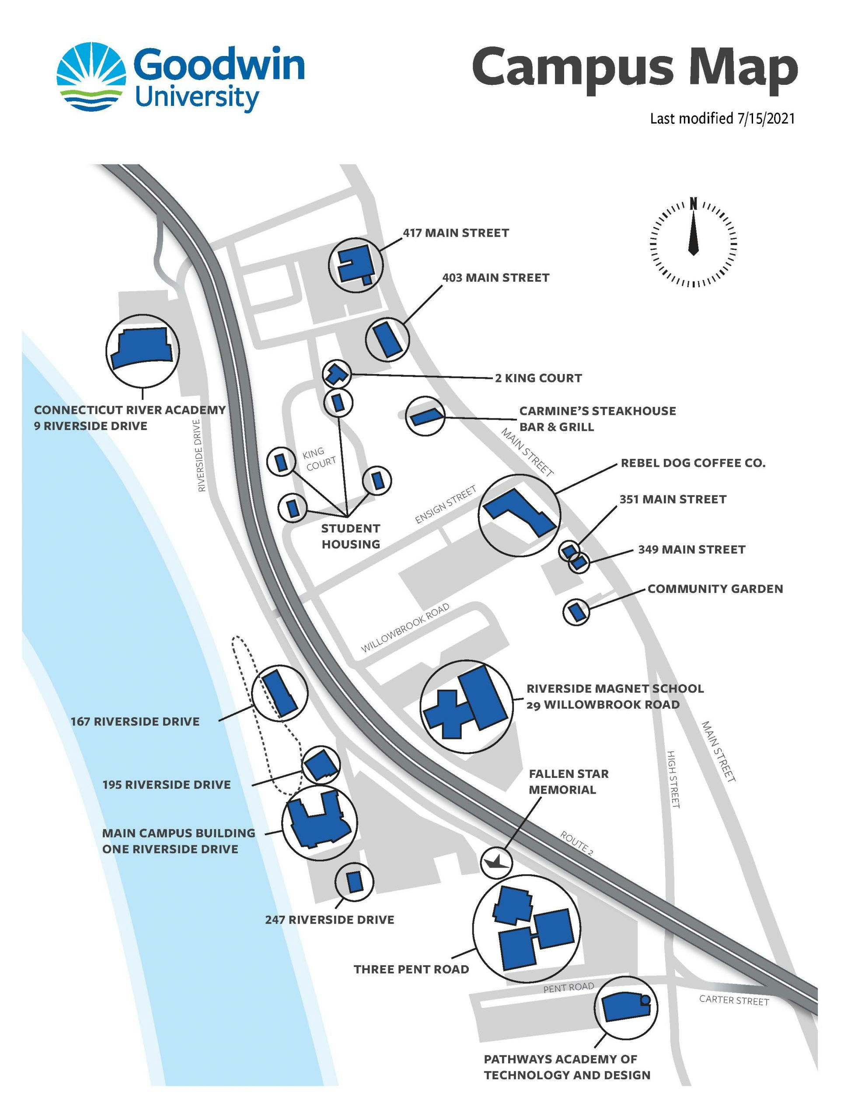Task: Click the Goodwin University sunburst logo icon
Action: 91,77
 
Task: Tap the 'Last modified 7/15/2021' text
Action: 722,119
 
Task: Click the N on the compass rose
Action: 693,203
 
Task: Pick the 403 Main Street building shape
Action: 387,339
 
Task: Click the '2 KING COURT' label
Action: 538,378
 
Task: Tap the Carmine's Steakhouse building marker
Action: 425,416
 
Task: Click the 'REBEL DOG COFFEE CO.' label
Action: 693,463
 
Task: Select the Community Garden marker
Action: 576,611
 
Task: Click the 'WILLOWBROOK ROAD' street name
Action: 405,627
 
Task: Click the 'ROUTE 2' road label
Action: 576,843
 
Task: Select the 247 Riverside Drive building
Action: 354,882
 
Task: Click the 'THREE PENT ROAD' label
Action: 411,969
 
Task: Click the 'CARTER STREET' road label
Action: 734,1000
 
